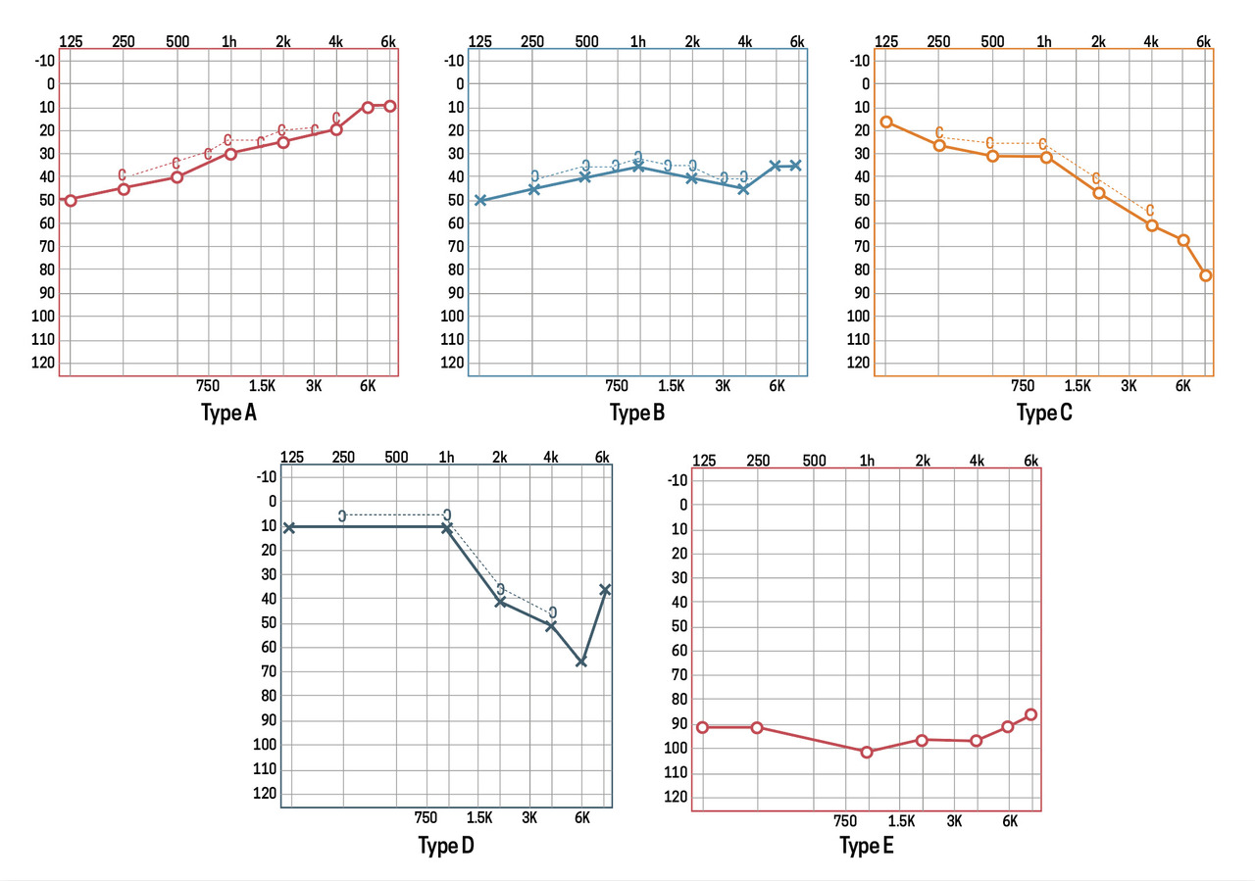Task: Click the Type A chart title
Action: [228, 413]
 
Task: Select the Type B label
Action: [637, 413]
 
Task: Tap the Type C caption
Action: [1044, 413]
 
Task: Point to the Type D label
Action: [446, 845]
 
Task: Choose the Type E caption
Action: [866, 846]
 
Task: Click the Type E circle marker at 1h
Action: [867, 752]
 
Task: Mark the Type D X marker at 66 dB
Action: [581, 661]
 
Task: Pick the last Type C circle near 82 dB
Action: [1206, 275]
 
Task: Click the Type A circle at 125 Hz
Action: [71, 200]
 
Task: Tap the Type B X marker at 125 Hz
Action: [480, 200]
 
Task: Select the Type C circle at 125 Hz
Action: [886, 122]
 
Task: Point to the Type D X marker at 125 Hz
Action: [289, 527]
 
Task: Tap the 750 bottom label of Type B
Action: [618, 386]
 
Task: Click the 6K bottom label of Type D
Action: [581, 817]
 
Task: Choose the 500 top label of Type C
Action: [992, 41]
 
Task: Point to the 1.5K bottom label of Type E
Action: [902, 820]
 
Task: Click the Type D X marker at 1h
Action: [447, 527]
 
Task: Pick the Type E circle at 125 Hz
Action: [702, 727]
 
